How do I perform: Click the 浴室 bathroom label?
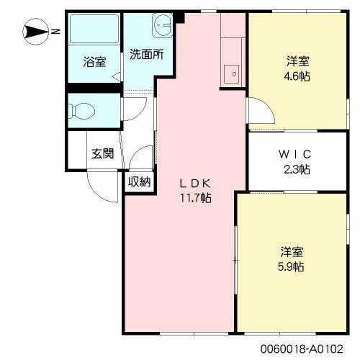coord(94,62)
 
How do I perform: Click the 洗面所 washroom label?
coord(146,54)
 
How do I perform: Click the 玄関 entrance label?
coord(103,153)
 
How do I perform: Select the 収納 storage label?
coord(140,181)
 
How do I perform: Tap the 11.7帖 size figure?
coord(195,197)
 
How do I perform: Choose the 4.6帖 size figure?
coord(296,75)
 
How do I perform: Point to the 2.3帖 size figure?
coord(296,170)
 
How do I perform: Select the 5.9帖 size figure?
coord(292,267)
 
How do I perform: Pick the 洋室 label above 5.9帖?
coord(292,252)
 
